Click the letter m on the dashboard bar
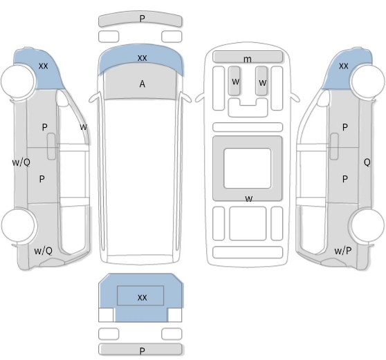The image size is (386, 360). [248, 59]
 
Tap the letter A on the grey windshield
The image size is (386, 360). [143, 84]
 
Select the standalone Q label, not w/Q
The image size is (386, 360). [367, 162]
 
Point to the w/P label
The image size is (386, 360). [342, 251]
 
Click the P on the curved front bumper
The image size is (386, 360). [142, 19]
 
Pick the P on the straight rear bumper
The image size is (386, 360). [142, 351]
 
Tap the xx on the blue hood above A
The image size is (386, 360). [143, 58]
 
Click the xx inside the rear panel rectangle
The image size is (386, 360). [143, 298]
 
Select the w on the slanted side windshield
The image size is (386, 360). [84, 127]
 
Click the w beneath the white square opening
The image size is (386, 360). [249, 199]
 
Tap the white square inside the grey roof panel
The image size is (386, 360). [248, 169]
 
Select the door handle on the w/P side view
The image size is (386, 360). [334, 146]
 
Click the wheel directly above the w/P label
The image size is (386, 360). [367, 225]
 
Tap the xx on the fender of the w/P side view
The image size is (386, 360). [344, 66]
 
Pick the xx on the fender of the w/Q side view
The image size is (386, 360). [44, 66]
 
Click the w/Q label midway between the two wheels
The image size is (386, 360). [21, 162]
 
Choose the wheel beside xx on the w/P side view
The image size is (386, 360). [369, 81]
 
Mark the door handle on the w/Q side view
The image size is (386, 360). [51, 146]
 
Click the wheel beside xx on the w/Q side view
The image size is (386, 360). [18, 81]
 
